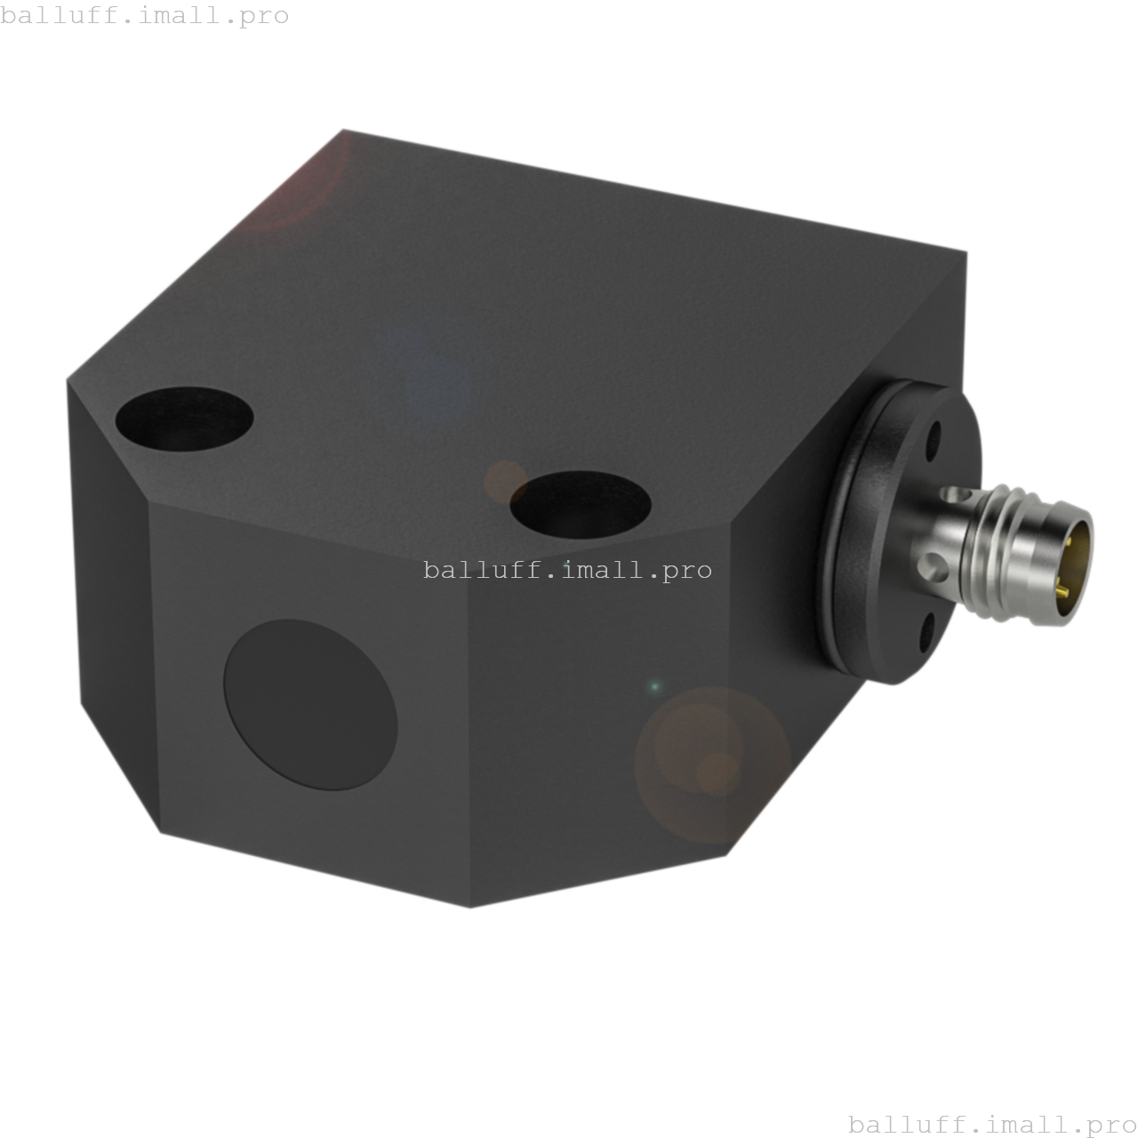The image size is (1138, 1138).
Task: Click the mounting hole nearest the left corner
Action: click(184, 418)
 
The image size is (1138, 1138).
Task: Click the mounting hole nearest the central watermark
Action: click(580, 504)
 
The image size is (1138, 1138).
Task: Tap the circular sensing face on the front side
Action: click(310, 705)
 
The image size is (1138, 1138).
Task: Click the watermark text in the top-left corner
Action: click(145, 16)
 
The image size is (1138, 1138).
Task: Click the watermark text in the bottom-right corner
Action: click(992, 1125)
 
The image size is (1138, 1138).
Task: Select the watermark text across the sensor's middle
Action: click(567, 570)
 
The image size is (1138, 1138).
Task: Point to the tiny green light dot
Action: click(655, 686)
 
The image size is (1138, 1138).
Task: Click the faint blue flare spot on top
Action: click(436, 378)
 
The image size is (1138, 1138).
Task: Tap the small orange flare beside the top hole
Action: click(503, 480)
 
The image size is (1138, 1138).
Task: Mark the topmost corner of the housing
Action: click(345, 130)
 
